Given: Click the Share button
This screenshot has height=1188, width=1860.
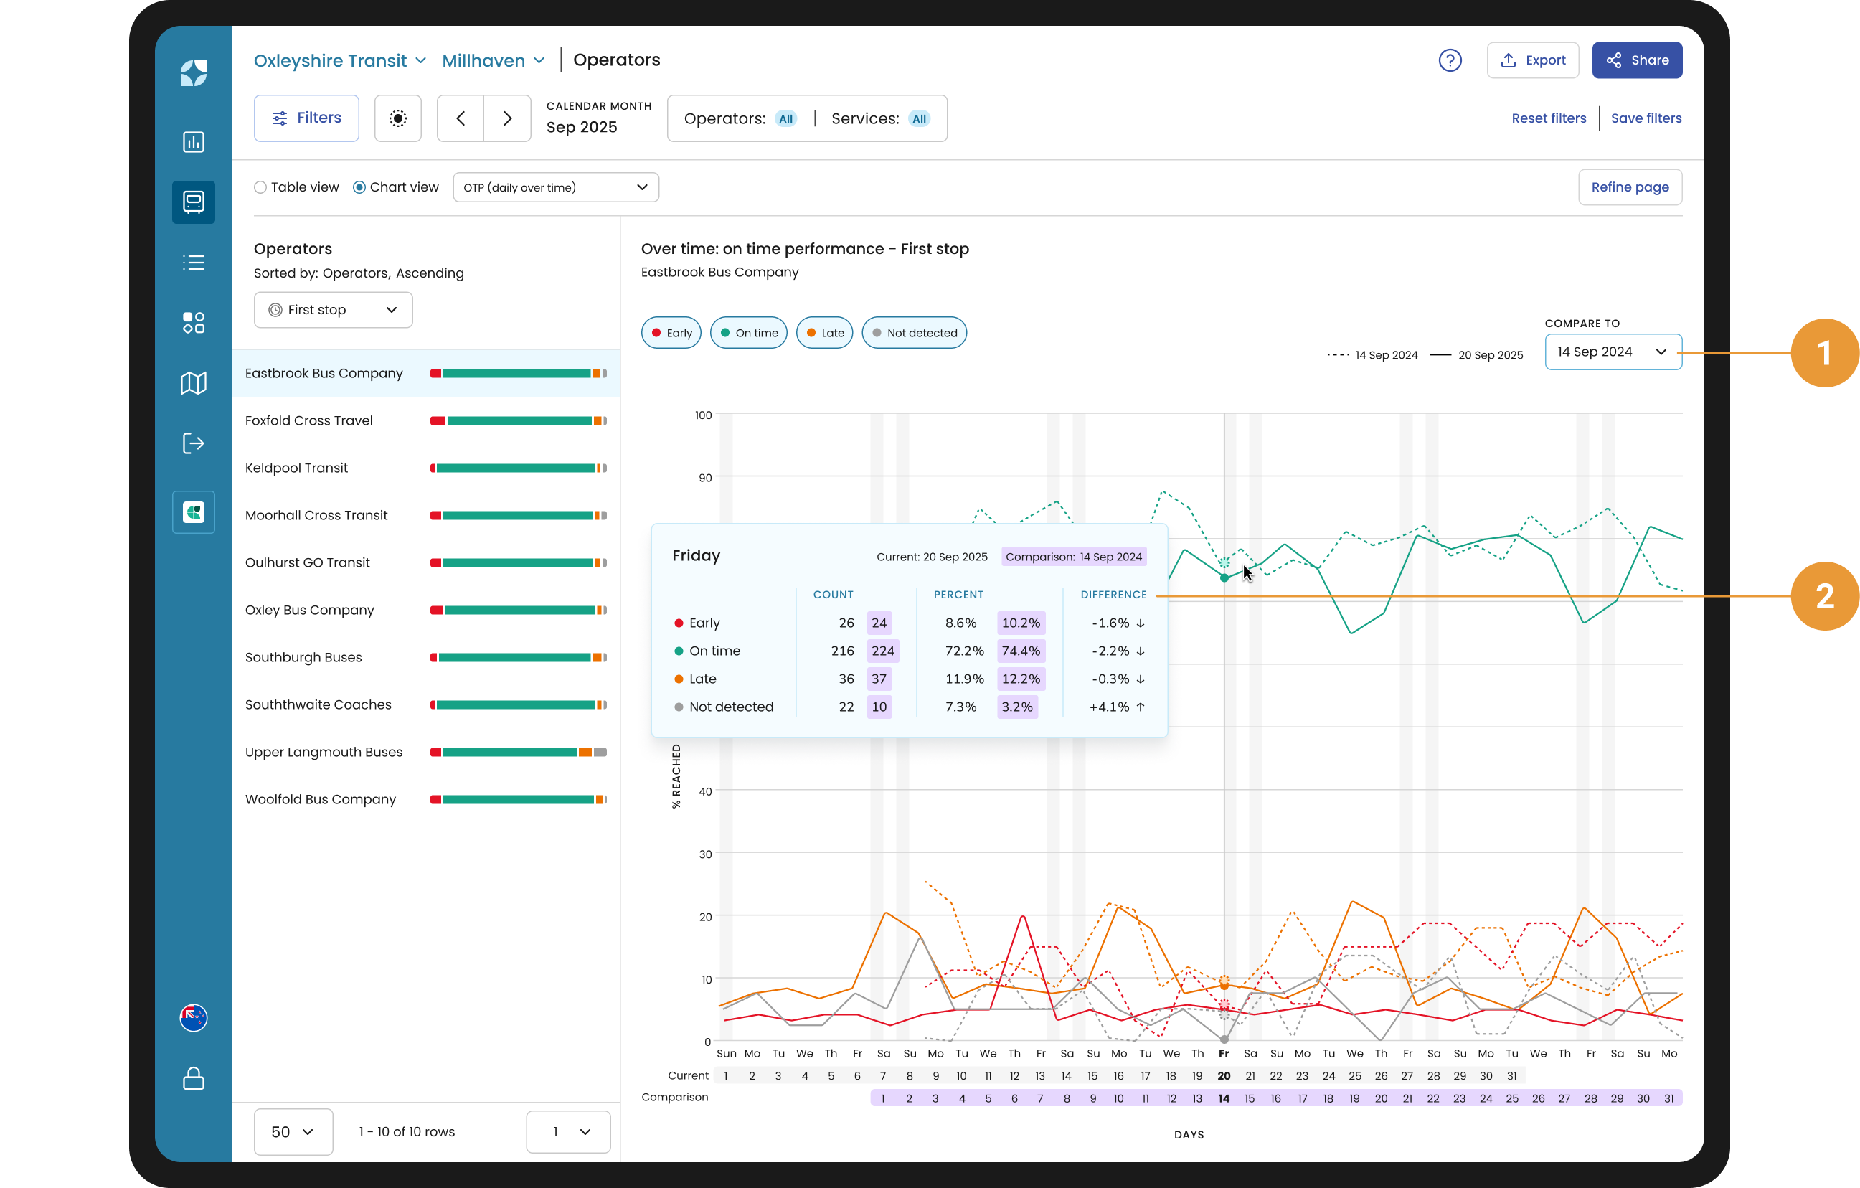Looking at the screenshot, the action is [x=1637, y=60].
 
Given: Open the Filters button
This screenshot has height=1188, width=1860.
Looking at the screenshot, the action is [x=307, y=118].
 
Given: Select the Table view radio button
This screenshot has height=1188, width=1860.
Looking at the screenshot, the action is [x=260, y=188].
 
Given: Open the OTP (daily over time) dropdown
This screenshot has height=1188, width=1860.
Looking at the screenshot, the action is [x=556, y=188].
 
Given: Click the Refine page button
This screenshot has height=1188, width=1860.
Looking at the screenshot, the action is [x=1630, y=188].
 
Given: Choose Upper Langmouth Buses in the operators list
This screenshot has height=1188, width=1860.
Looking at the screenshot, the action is [x=324, y=753].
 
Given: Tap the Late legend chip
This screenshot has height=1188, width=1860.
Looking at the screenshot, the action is [x=824, y=333].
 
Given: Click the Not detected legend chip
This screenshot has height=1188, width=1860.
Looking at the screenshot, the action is [x=914, y=333].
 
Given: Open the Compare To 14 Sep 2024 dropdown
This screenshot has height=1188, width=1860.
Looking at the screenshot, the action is [x=1613, y=352].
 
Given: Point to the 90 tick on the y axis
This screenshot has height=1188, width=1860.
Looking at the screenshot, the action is [x=704, y=478].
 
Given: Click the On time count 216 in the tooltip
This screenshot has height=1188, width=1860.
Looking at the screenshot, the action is [x=842, y=651].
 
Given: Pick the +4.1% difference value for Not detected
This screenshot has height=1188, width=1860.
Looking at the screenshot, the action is [x=1109, y=707].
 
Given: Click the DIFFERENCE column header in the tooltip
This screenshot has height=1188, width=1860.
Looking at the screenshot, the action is [x=1113, y=595].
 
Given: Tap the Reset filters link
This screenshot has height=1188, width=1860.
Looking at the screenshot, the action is [x=1548, y=118].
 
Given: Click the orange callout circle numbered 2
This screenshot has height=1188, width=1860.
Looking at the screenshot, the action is [x=1824, y=596].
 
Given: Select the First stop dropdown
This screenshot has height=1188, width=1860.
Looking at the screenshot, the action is [x=333, y=310].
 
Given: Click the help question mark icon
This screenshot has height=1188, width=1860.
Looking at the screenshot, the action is [x=1450, y=60].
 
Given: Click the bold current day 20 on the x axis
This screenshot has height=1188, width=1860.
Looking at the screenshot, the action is [x=1224, y=1076].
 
